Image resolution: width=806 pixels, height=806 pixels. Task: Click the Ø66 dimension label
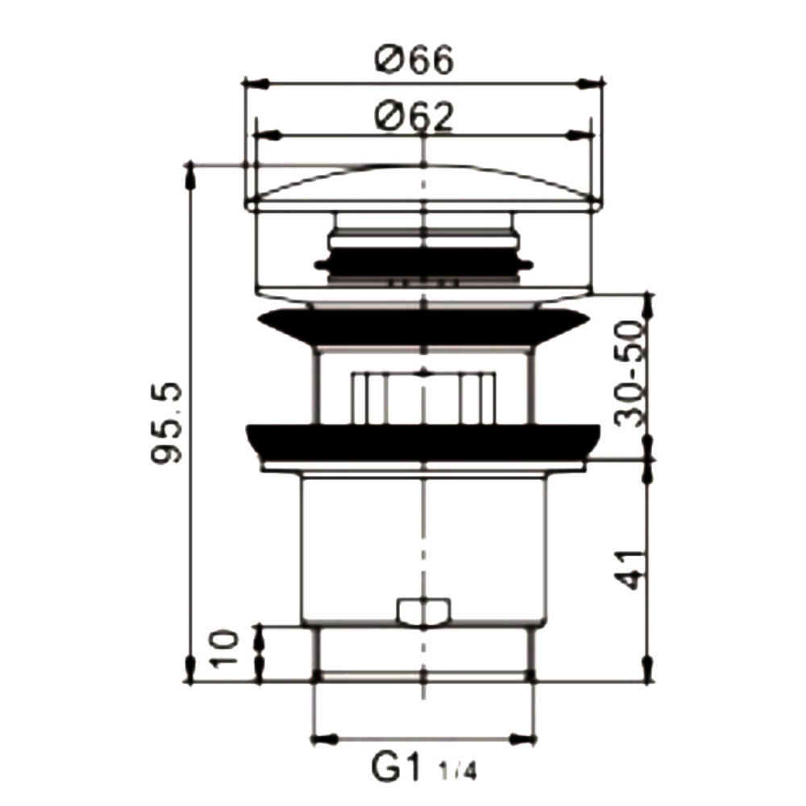tap(414, 58)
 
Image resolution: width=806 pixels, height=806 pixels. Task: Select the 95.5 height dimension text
tap(167, 423)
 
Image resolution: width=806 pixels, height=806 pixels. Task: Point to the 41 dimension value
tap(629, 570)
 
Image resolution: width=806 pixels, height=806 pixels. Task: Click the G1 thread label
tap(397, 768)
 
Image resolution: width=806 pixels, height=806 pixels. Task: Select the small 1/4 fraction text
tap(458, 772)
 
